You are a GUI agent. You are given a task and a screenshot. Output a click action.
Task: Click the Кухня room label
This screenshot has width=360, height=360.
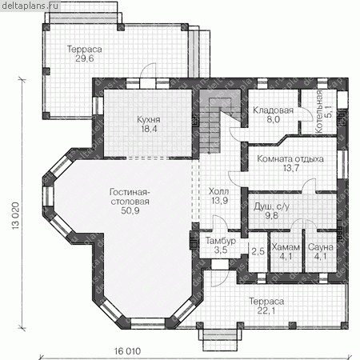click(149, 120)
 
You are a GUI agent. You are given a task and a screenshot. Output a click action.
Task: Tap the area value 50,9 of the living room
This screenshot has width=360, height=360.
click(130, 210)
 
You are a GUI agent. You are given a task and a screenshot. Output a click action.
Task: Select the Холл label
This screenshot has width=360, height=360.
click(218, 191)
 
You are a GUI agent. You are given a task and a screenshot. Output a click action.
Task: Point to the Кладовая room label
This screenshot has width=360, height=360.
click(273, 110)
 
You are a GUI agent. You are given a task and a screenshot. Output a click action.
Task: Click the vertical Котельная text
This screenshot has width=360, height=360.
click(319, 111)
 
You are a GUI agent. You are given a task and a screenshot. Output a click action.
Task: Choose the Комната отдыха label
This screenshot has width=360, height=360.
click(290, 159)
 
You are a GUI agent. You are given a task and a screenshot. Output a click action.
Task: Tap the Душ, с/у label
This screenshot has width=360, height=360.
click(271, 206)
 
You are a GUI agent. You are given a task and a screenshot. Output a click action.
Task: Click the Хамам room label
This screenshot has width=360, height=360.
click(286, 247)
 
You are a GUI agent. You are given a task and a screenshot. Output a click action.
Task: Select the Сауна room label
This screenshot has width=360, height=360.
click(321, 247)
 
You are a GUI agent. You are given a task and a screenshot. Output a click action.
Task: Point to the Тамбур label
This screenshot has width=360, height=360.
click(221, 241)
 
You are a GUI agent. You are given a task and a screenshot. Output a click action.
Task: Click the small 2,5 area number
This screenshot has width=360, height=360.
click(258, 251)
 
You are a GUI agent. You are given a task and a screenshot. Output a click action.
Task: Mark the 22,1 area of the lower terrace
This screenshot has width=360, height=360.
click(266, 310)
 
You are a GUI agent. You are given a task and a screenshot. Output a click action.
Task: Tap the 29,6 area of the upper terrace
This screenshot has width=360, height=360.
click(85, 58)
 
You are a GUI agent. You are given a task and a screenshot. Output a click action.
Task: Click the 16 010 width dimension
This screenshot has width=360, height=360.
click(127, 351)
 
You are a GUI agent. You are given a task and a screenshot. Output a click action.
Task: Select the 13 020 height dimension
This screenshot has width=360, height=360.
click(16, 216)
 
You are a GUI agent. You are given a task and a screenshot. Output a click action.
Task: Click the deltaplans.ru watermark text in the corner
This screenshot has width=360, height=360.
click(30, 6)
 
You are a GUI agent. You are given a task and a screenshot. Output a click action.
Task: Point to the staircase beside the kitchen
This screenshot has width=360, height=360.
click(210, 122)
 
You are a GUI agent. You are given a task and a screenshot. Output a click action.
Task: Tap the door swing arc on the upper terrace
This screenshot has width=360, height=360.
click(147, 70)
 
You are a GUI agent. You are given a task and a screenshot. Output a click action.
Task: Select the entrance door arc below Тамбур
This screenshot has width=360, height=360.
click(220, 278)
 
